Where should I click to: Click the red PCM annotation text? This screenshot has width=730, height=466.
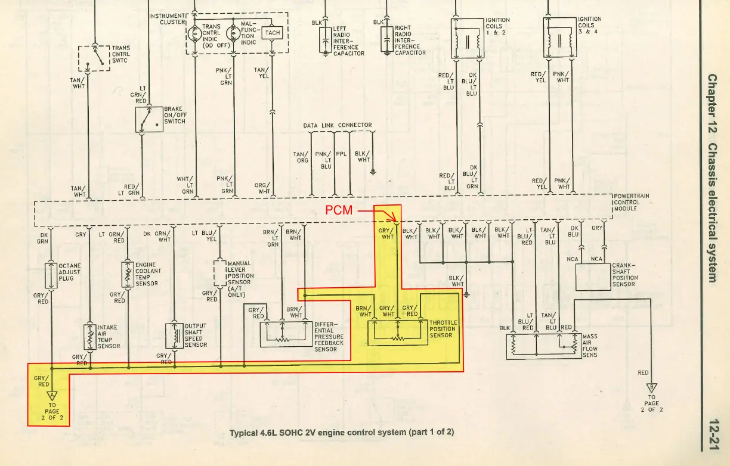pos(339,210)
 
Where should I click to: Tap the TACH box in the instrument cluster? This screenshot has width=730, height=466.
pos(272,33)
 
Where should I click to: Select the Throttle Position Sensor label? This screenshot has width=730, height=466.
pos(443,329)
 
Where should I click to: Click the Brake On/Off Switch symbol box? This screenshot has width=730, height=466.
pos(149,120)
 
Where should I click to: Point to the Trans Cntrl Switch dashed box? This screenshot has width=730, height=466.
pos(94,58)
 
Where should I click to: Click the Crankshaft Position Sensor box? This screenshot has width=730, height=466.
pos(593,277)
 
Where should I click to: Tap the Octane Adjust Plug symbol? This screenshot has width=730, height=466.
pos(51,276)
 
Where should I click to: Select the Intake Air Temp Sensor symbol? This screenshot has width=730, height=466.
pos(90,337)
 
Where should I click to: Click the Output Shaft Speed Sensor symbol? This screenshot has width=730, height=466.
pos(174,335)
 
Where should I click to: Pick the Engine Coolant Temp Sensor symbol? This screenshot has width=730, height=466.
pos(128,275)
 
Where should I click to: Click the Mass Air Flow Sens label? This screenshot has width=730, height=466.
pos(590,346)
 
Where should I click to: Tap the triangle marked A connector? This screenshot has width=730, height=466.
pos(52,396)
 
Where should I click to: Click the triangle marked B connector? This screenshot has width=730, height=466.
pos(651,387)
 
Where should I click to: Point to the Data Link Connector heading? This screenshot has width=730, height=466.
pos(338,125)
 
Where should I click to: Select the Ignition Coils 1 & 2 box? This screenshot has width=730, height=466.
pos(468,38)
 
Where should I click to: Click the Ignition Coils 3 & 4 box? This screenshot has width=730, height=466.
pos(560,38)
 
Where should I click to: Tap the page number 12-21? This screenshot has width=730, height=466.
pos(714,434)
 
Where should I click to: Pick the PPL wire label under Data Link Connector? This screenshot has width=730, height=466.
pos(341,154)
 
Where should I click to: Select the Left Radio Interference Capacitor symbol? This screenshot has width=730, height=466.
pos(325,40)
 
